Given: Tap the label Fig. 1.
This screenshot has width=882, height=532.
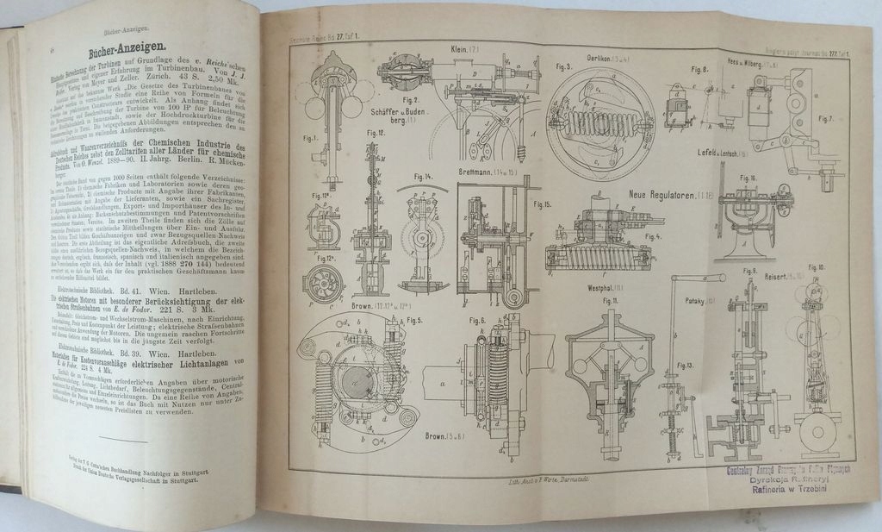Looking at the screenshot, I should pos(311,137).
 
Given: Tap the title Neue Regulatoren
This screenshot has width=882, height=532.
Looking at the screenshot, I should pos(668,195).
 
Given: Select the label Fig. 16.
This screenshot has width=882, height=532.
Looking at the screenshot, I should pos(748,178).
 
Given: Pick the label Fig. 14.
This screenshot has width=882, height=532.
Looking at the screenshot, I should pos(422,178).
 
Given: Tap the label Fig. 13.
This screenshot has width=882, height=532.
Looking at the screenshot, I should pos(685,365).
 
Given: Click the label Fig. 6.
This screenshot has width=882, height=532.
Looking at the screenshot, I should pos(478,321).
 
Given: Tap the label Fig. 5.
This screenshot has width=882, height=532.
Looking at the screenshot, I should pos(414,321).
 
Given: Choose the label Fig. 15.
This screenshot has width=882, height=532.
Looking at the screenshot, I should pos(542,205).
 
